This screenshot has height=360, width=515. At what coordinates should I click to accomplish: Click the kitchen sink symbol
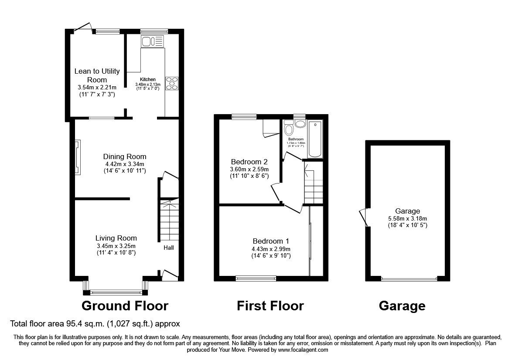click(152, 42)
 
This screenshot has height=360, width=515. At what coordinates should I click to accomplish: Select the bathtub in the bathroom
click(314, 139)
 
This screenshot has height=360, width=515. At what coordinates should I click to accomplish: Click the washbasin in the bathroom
click(300, 124)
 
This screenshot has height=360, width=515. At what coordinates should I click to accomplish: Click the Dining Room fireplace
click(78, 157)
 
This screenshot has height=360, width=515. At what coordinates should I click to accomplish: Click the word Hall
click(169, 248)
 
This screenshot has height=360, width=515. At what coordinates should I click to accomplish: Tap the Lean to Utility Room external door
click(83, 27)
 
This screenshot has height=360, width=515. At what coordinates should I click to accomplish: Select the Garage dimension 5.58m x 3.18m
click(407, 219)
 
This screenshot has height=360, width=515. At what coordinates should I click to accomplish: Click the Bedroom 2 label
click(249, 162)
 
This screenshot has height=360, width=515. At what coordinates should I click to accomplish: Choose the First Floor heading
click(270, 306)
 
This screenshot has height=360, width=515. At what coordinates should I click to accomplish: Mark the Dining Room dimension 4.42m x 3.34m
click(124, 164)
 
